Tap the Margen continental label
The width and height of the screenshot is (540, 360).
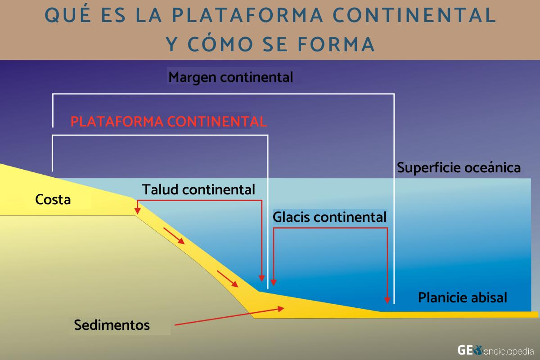pyautogui.click(x=231, y=77)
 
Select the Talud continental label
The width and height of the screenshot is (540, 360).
pyautogui.click(x=199, y=189)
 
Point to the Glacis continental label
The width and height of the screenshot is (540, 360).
pyautogui.click(x=330, y=217)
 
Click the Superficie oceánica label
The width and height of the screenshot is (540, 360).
pyautogui.click(x=459, y=168)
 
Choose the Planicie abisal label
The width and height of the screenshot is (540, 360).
pyautogui.click(x=463, y=297)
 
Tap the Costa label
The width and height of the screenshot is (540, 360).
pyautogui.click(x=53, y=199)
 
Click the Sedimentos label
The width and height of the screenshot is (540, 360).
pyautogui.click(x=112, y=324)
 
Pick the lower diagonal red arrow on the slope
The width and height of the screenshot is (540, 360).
pyautogui.click(x=228, y=279)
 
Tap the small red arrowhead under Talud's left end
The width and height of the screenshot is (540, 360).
pyautogui.click(x=137, y=210)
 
